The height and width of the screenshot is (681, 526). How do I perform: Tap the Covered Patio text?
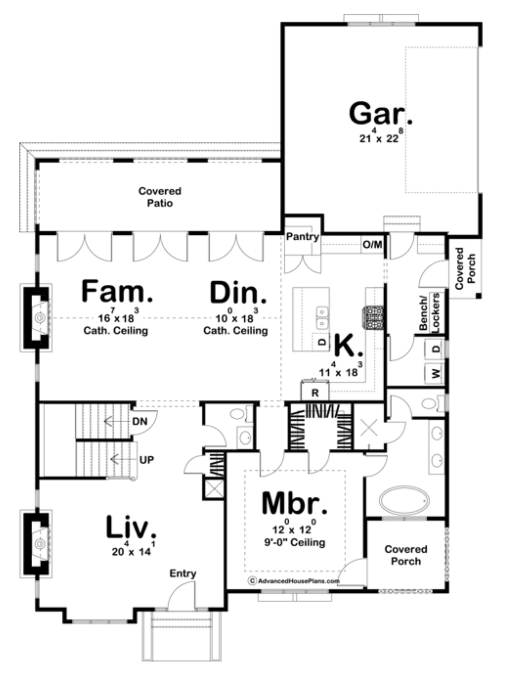coord(159,197)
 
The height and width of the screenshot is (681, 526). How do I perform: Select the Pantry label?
coord(302,237)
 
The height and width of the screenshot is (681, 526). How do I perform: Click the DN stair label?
coord(140,422)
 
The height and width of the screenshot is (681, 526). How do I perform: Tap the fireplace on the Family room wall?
coord(36,318)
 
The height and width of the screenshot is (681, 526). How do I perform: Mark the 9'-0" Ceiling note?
coord(295,542)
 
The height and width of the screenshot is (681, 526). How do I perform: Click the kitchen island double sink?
coord(322,318)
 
